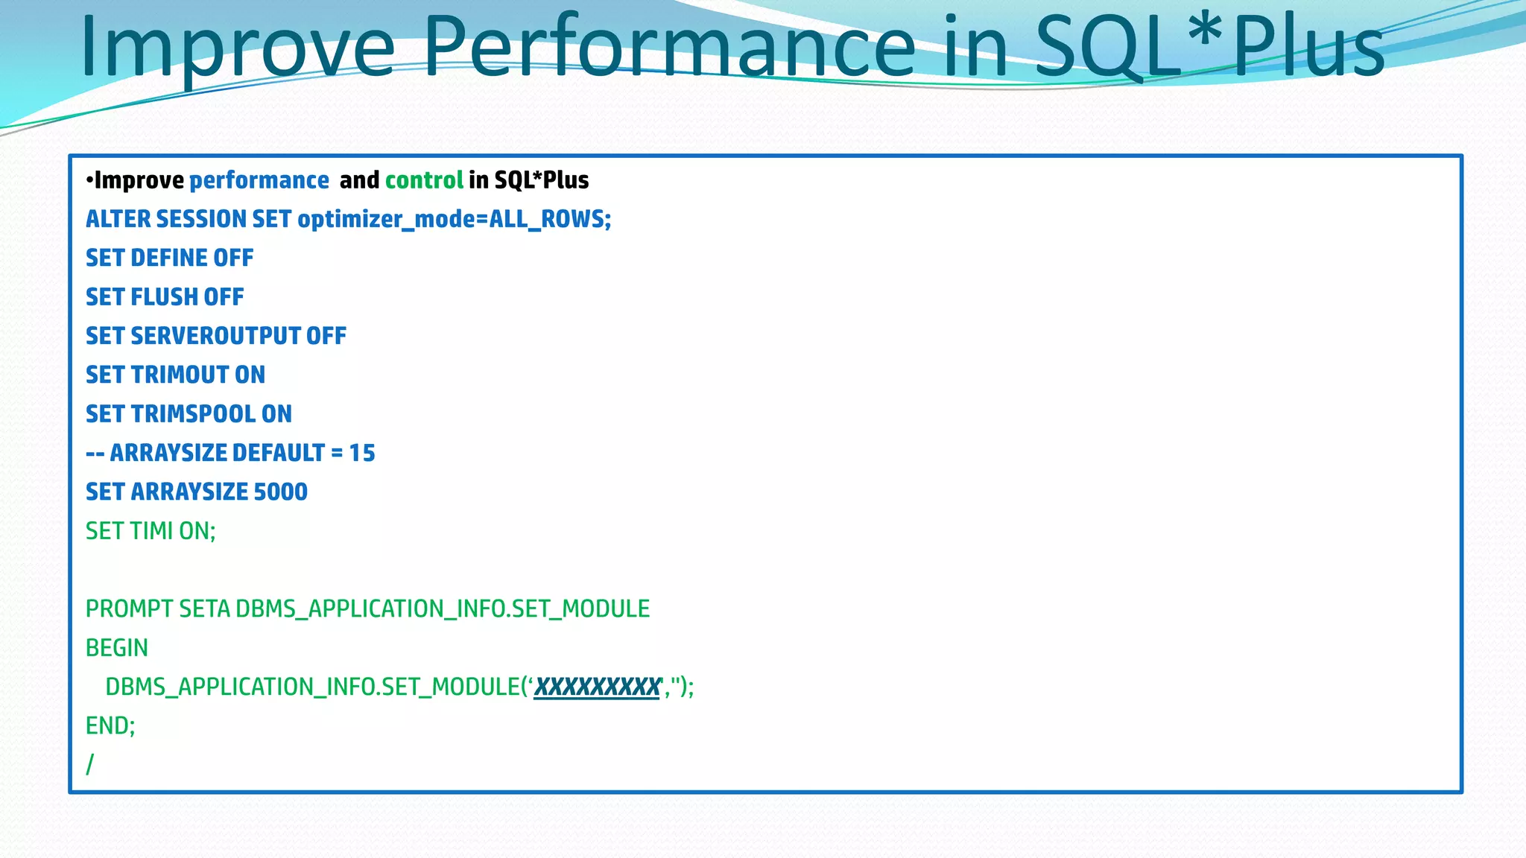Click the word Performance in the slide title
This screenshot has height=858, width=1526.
click(x=669, y=48)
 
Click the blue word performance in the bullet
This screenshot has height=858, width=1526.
click(x=259, y=180)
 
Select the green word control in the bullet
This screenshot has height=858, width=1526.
click(x=424, y=180)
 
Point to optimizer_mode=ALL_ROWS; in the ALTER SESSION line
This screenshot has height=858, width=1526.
click(x=454, y=219)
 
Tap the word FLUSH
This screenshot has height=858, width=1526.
click(x=165, y=297)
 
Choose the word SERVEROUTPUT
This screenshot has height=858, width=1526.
click(x=215, y=336)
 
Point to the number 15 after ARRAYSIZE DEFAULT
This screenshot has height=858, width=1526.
click(x=362, y=453)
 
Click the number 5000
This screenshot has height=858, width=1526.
click(x=280, y=492)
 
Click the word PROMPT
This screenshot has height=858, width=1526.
click(x=130, y=609)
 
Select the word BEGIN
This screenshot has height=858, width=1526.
click(x=117, y=648)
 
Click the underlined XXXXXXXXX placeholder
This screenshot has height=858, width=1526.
click(x=597, y=687)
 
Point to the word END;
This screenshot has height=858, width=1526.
click(x=110, y=725)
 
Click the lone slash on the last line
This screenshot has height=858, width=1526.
click(x=90, y=764)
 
